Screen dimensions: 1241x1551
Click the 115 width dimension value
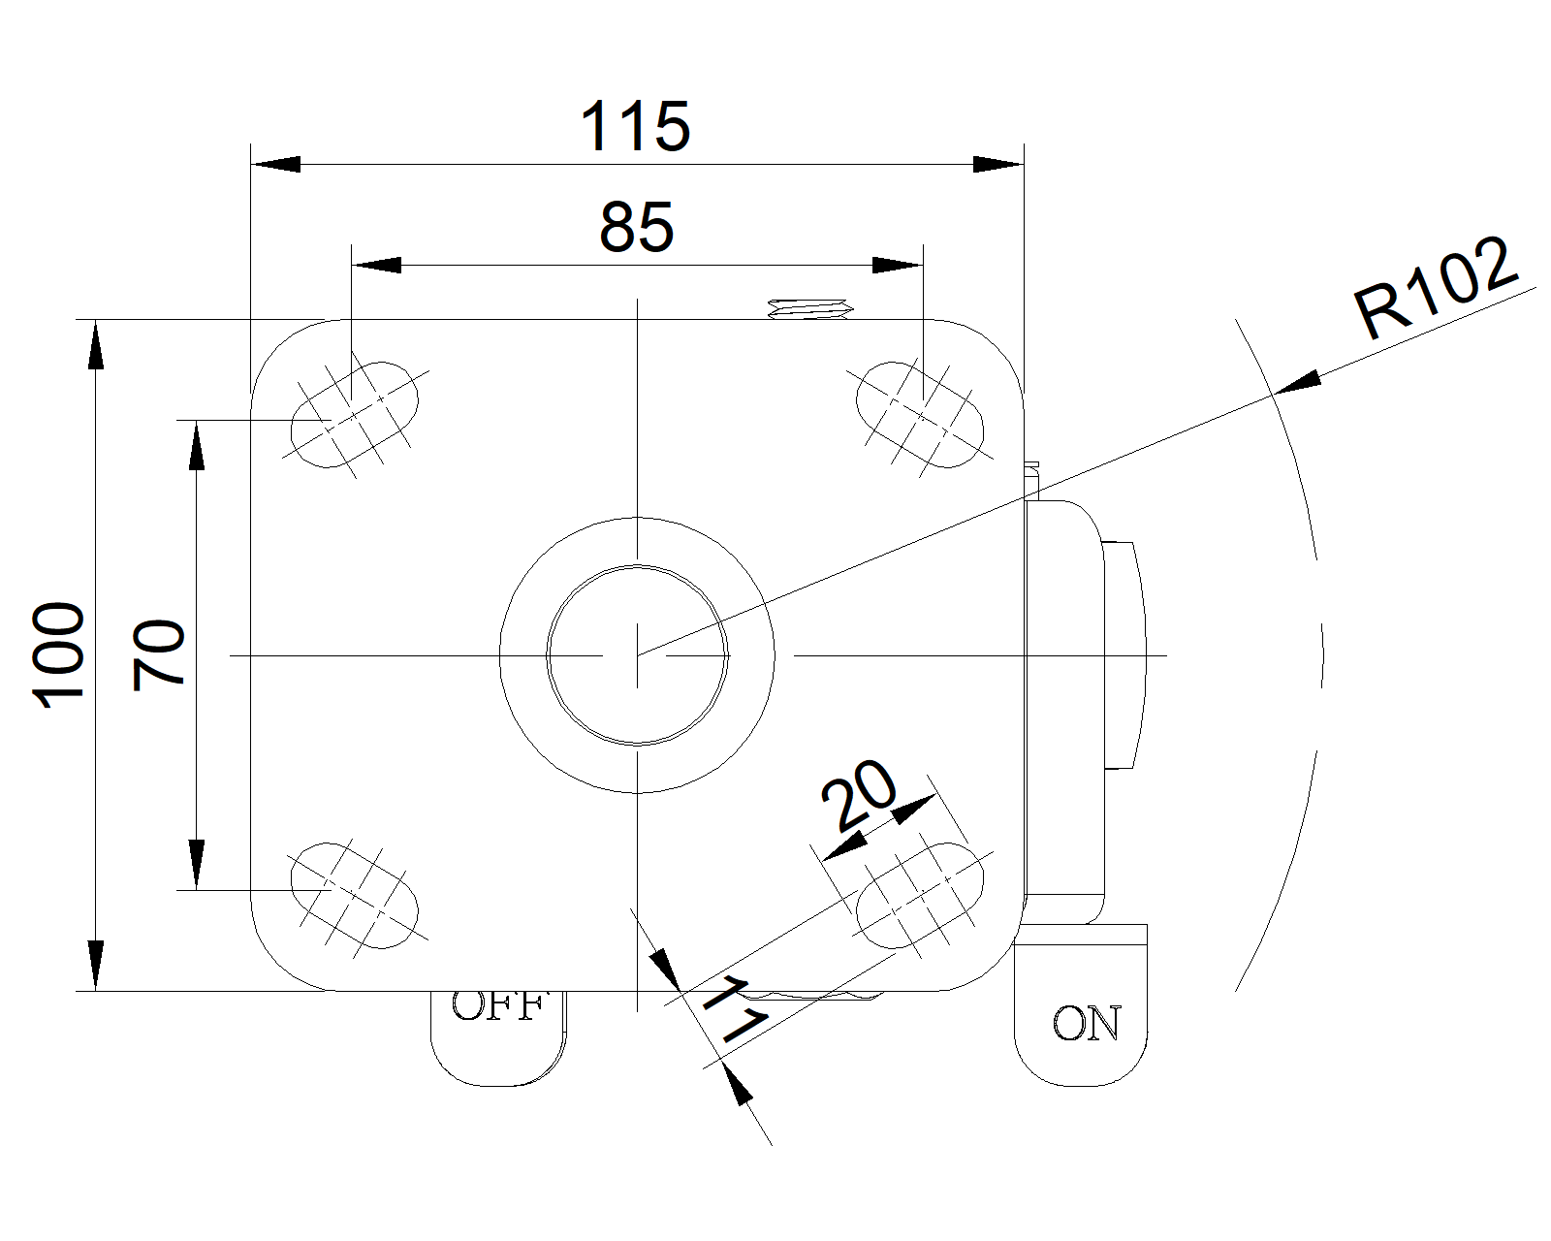coord(635,127)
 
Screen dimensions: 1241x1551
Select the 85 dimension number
coord(636,229)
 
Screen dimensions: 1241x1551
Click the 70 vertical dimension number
coord(160,655)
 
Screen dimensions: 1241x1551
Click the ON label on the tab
coord(1086,1024)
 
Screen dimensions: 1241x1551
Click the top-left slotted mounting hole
coord(355,414)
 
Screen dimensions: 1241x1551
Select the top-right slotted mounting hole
coord(920,414)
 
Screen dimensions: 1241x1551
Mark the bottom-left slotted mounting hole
coord(355,895)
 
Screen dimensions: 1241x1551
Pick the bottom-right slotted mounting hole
coord(920,895)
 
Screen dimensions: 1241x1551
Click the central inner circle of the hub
coord(637,655)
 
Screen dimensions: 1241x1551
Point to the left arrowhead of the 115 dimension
coord(275,165)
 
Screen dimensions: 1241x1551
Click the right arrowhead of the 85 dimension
coord(897,266)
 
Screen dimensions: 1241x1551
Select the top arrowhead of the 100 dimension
coord(95,345)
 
